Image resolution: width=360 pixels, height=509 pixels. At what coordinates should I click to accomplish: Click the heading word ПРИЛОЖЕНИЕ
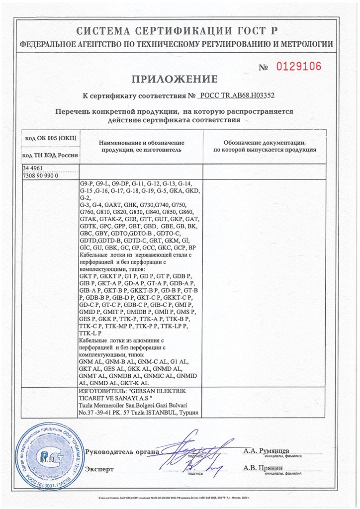pyautogui.click(x=174, y=79)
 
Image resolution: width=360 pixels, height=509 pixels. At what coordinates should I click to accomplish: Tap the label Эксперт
pyautogui.click(x=99, y=469)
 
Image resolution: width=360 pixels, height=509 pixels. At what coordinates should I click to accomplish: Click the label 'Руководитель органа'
pyautogui.click(x=122, y=452)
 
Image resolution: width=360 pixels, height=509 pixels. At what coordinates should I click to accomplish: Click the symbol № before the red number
pyautogui.click(x=266, y=68)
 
